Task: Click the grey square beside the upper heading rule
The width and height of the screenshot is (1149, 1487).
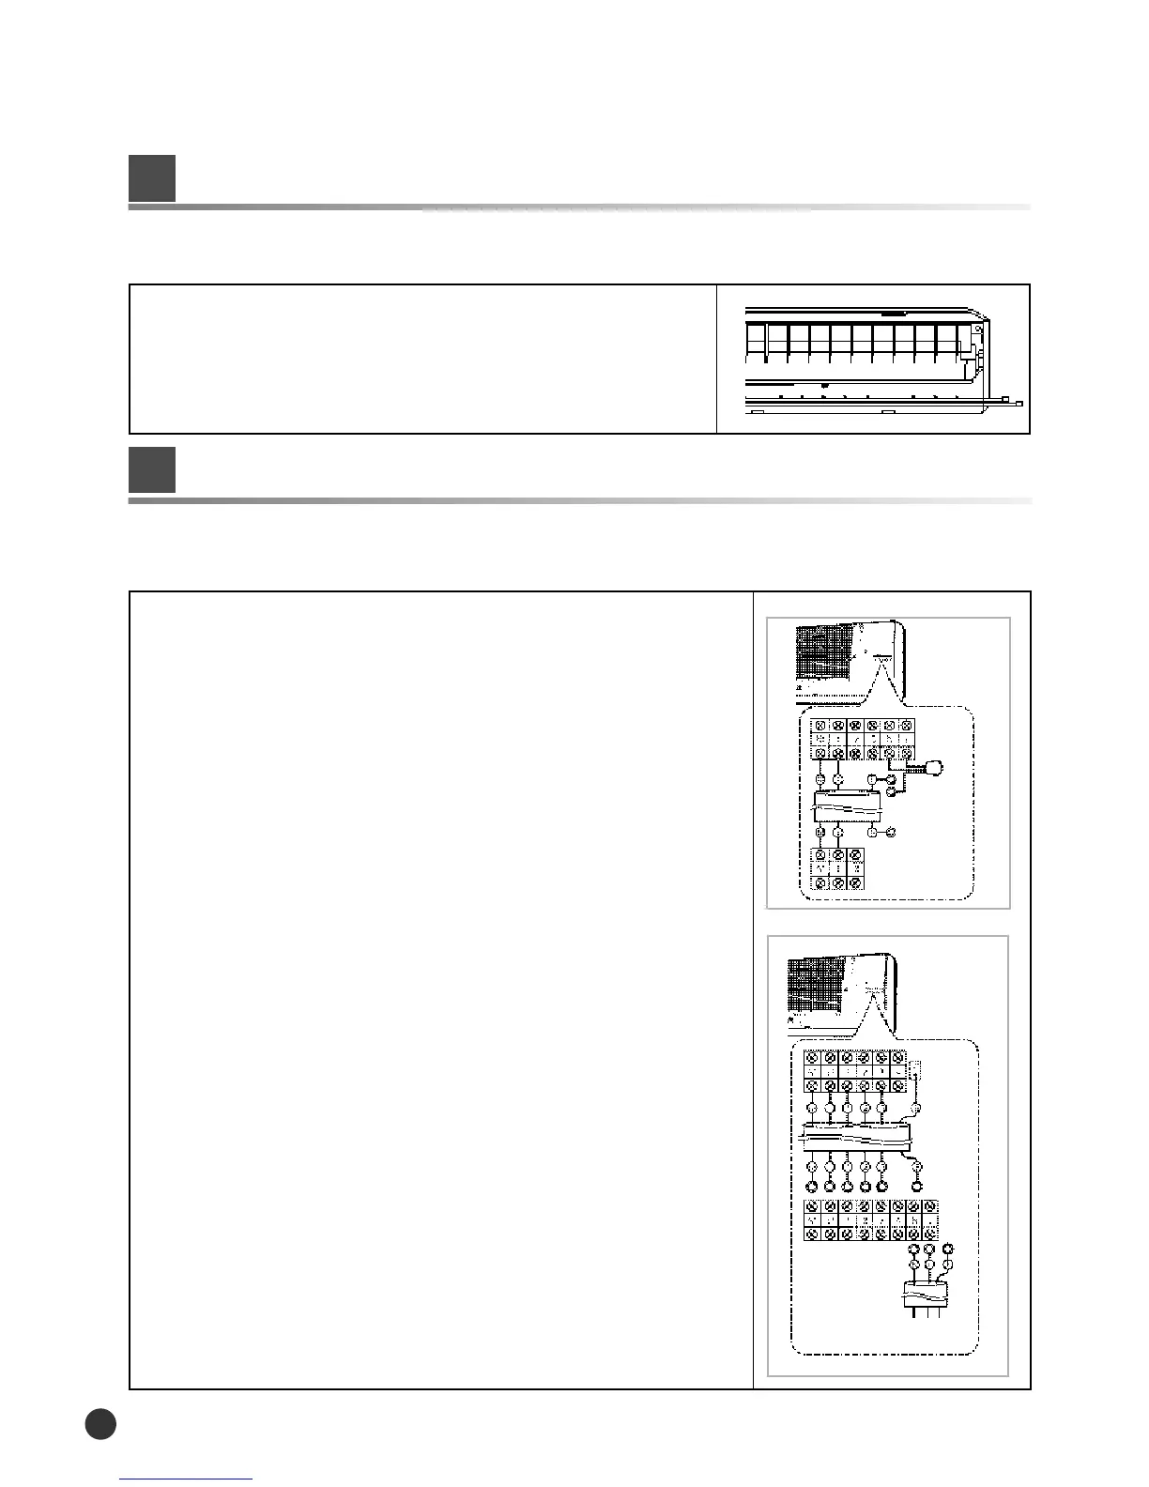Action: point(152,178)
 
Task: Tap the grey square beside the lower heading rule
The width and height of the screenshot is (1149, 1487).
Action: point(152,469)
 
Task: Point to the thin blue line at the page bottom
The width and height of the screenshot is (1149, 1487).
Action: point(186,1479)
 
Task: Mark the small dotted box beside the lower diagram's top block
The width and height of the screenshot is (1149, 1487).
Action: point(917,1070)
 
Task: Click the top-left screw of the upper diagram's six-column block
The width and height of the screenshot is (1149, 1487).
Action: point(820,726)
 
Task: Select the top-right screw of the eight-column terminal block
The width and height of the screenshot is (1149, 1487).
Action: point(928,1206)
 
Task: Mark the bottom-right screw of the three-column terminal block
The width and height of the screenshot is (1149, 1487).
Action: point(854,882)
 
